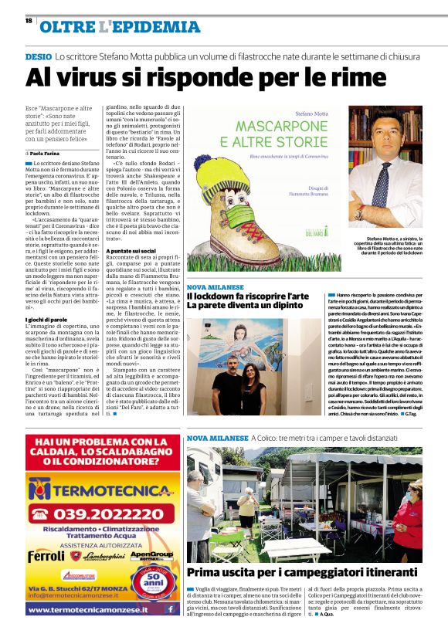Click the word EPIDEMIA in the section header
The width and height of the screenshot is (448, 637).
(158, 28)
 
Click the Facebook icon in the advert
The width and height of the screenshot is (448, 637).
(169, 608)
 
